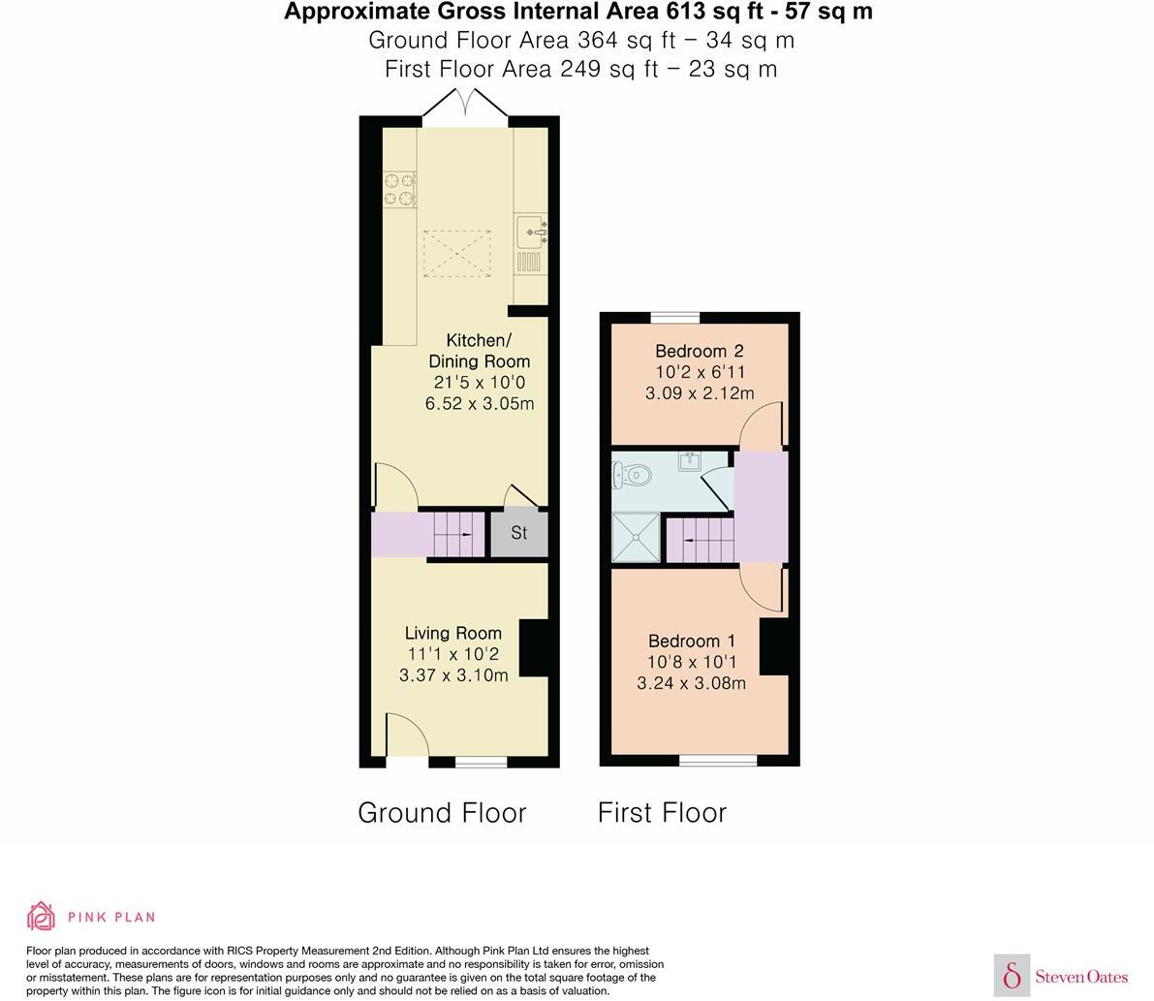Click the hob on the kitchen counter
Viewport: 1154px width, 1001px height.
(399, 189)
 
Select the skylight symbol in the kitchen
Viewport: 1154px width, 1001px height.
(457, 253)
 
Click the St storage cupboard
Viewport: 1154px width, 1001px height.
(519, 533)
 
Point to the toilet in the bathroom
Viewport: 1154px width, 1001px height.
(632, 476)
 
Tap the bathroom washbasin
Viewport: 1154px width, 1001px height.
(691, 461)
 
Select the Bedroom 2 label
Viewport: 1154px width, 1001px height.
(699, 351)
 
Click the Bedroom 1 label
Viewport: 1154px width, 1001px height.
(691, 641)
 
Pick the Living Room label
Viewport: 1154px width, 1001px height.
(453, 633)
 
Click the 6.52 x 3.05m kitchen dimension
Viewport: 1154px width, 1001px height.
(480, 404)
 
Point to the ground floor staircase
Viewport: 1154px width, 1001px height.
(457, 534)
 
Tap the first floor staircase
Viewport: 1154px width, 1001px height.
(701, 540)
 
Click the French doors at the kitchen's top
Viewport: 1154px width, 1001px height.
(466, 106)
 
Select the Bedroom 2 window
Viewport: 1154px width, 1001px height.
(674, 317)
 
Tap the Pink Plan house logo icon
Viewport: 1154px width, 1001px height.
(42, 916)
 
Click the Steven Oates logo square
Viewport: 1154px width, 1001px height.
(1012, 975)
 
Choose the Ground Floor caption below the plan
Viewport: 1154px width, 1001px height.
(442, 812)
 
